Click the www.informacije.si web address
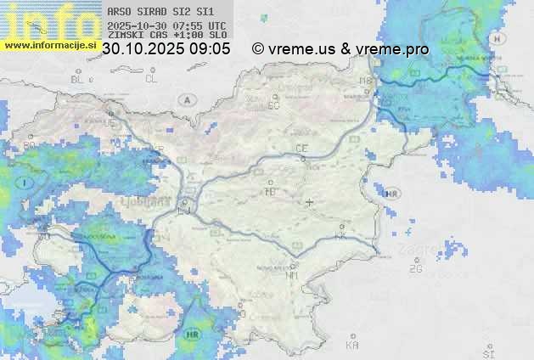[49, 45]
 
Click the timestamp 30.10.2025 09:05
[166, 49]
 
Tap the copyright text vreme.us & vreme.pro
[340, 49]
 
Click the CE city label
[301, 149]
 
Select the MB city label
[366, 81]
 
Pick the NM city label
[293, 274]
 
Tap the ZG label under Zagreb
[415, 269]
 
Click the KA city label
[352, 346]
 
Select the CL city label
[151, 79]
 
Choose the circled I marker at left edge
[26, 183]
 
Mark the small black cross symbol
[309, 202]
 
